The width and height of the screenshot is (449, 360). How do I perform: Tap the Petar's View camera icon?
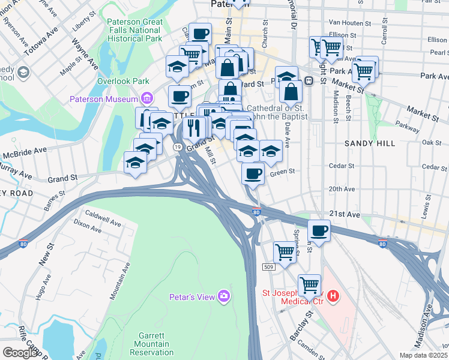click(x=224, y=295)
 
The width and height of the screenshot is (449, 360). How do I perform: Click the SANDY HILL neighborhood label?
click(x=370, y=143)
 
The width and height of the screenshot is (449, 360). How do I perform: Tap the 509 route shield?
click(x=268, y=266)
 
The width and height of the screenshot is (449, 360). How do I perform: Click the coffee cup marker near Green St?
click(x=253, y=174)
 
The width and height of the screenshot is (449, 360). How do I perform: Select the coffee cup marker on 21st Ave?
click(x=319, y=230)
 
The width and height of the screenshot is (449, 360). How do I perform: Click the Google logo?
click(x=20, y=353)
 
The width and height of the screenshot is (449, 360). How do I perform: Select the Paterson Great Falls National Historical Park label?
click(x=134, y=30)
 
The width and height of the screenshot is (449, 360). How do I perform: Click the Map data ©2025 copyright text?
click(x=423, y=355)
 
